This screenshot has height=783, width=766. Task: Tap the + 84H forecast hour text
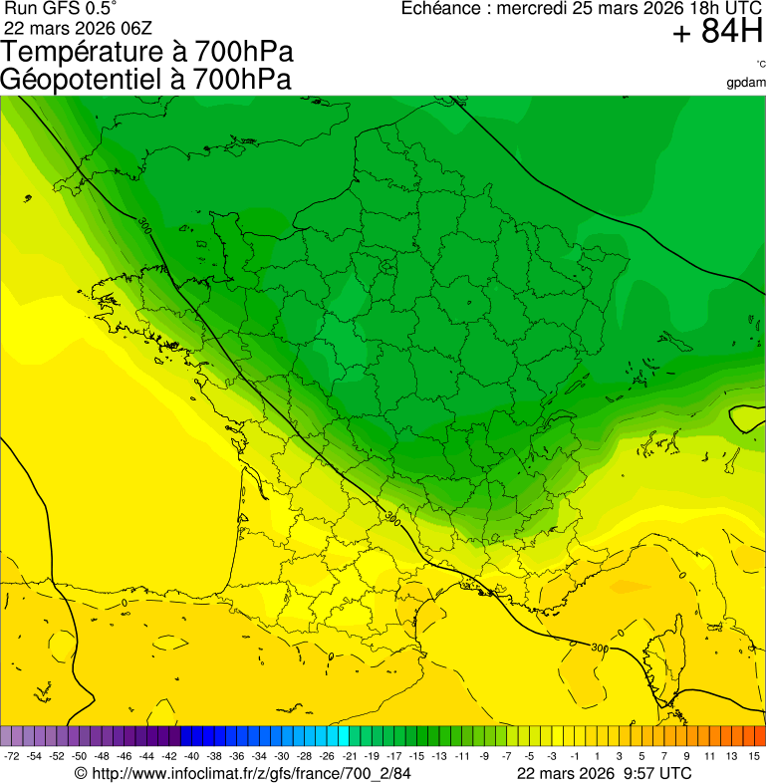pos(717,33)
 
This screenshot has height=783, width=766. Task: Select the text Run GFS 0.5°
pos(61,9)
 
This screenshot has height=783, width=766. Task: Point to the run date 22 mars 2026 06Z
pos(78,27)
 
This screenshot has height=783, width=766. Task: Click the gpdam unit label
pos(746,83)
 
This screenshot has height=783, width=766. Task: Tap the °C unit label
pos(759,65)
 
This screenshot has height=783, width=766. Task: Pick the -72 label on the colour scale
pos(12,757)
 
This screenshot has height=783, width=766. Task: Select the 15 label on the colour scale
pos(755,757)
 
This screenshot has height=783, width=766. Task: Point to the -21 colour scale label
pos(349,757)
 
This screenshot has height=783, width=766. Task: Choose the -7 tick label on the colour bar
pos(507,757)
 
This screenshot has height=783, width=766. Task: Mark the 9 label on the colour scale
pos(686,757)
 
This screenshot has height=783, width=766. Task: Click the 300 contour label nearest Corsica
pos(599,648)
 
